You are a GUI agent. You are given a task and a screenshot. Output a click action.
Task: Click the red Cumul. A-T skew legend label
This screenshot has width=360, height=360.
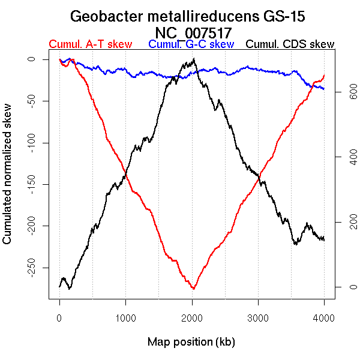(90, 44)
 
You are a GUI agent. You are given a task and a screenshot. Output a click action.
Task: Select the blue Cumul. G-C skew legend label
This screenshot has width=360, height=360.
(191, 44)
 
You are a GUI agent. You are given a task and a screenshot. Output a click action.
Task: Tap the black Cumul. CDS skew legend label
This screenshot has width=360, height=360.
(290, 44)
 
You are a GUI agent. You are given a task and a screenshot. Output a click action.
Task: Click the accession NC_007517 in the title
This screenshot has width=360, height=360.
(193, 32)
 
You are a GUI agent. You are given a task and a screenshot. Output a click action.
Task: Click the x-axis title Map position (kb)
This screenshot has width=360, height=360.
(191, 342)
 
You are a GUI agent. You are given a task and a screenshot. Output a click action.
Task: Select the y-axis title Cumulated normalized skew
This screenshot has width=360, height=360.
(8, 181)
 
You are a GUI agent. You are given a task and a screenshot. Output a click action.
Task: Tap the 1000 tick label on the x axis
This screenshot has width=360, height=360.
(125, 318)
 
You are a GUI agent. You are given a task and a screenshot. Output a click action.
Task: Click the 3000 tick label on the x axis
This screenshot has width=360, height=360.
(258, 318)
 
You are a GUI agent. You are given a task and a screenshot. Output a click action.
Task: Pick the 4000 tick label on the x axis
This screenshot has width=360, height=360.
(324, 318)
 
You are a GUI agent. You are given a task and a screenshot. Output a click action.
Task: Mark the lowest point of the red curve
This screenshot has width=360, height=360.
(193, 289)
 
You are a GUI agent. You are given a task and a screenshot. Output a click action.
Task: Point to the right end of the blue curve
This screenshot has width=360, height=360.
(324, 89)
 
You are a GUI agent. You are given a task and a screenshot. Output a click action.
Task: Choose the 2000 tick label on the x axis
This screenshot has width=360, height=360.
(192, 318)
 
